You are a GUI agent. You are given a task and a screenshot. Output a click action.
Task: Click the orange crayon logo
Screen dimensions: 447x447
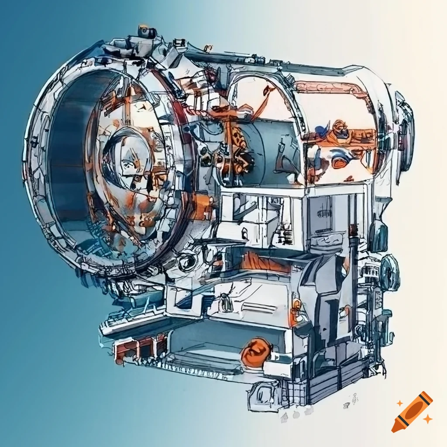point(412,412)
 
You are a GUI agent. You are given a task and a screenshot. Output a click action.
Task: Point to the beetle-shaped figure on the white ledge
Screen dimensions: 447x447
point(225,301)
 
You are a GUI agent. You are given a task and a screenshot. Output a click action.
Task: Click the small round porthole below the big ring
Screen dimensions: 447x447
point(188,262)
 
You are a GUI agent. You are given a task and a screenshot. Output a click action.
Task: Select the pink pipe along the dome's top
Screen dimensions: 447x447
point(332,87)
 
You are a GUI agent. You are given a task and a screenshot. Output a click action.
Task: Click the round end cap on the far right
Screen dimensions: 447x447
point(405,131)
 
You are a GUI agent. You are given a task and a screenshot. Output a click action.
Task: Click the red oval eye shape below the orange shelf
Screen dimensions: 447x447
point(340,162)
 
